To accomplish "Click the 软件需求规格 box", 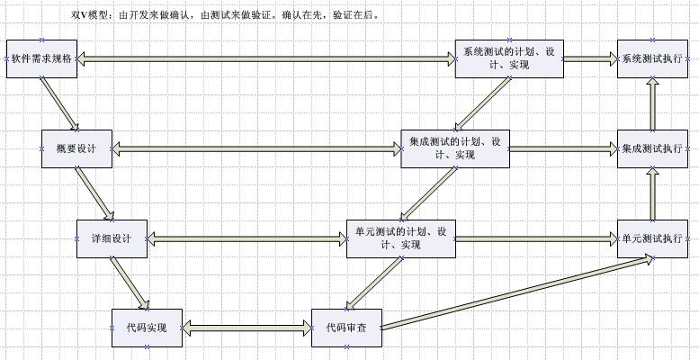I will click(x=41, y=58).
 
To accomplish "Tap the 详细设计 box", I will click(x=112, y=238).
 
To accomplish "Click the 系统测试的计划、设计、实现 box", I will click(x=508, y=58).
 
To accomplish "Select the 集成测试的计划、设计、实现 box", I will click(x=454, y=148).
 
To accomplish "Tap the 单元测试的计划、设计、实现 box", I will click(x=400, y=238).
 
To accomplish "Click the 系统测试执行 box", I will click(x=652, y=58).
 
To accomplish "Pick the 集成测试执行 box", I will click(x=652, y=148).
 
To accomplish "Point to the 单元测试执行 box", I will click(x=652, y=238).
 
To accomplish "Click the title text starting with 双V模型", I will click(x=225, y=15).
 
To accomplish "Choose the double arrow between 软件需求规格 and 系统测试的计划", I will click(x=265, y=59).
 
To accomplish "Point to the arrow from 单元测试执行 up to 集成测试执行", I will click(x=652, y=193).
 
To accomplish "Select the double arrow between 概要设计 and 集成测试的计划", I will click(x=256, y=149).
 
